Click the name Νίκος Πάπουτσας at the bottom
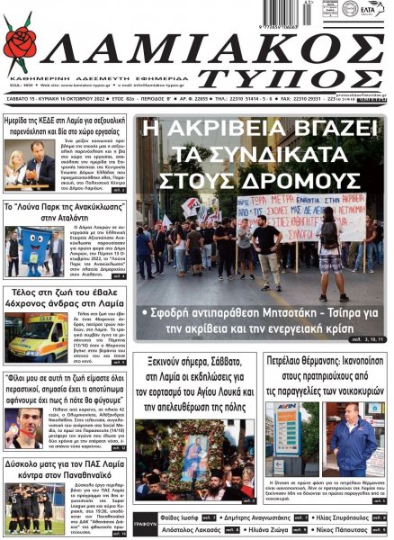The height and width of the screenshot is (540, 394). click(343, 531)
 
